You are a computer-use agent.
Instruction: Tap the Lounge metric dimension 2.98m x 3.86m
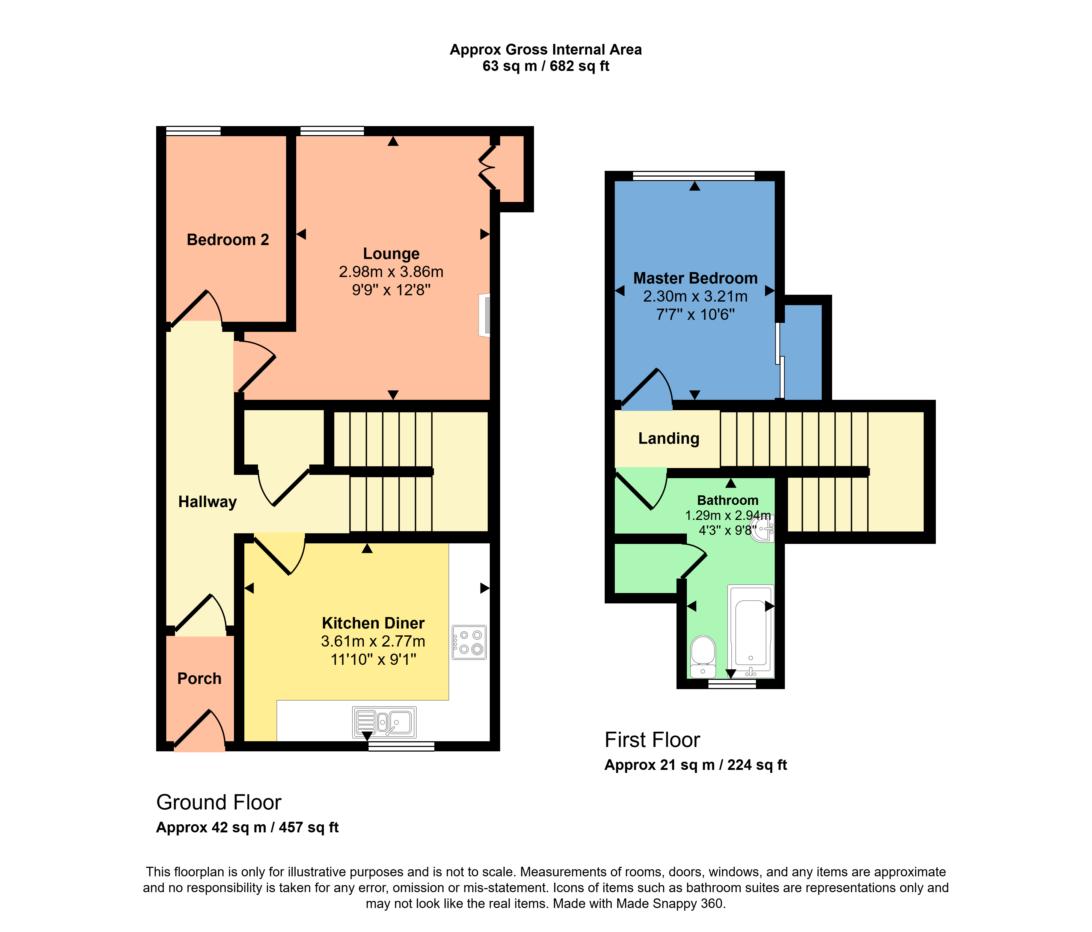[x=391, y=272]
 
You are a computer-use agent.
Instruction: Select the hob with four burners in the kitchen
[x=469, y=642]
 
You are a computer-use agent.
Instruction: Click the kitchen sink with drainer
[x=384, y=722]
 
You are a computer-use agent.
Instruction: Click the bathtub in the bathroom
[x=750, y=632]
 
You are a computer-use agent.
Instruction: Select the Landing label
[x=668, y=438]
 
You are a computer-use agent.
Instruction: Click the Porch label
[x=199, y=678]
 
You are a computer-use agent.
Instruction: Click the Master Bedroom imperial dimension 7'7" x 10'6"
[x=695, y=314]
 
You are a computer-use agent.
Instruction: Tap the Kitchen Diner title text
[x=373, y=623]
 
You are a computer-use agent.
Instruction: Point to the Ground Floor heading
[x=219, y=802]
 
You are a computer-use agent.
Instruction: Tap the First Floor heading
[x=652, y=740]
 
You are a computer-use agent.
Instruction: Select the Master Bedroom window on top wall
[x=694, y=176]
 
